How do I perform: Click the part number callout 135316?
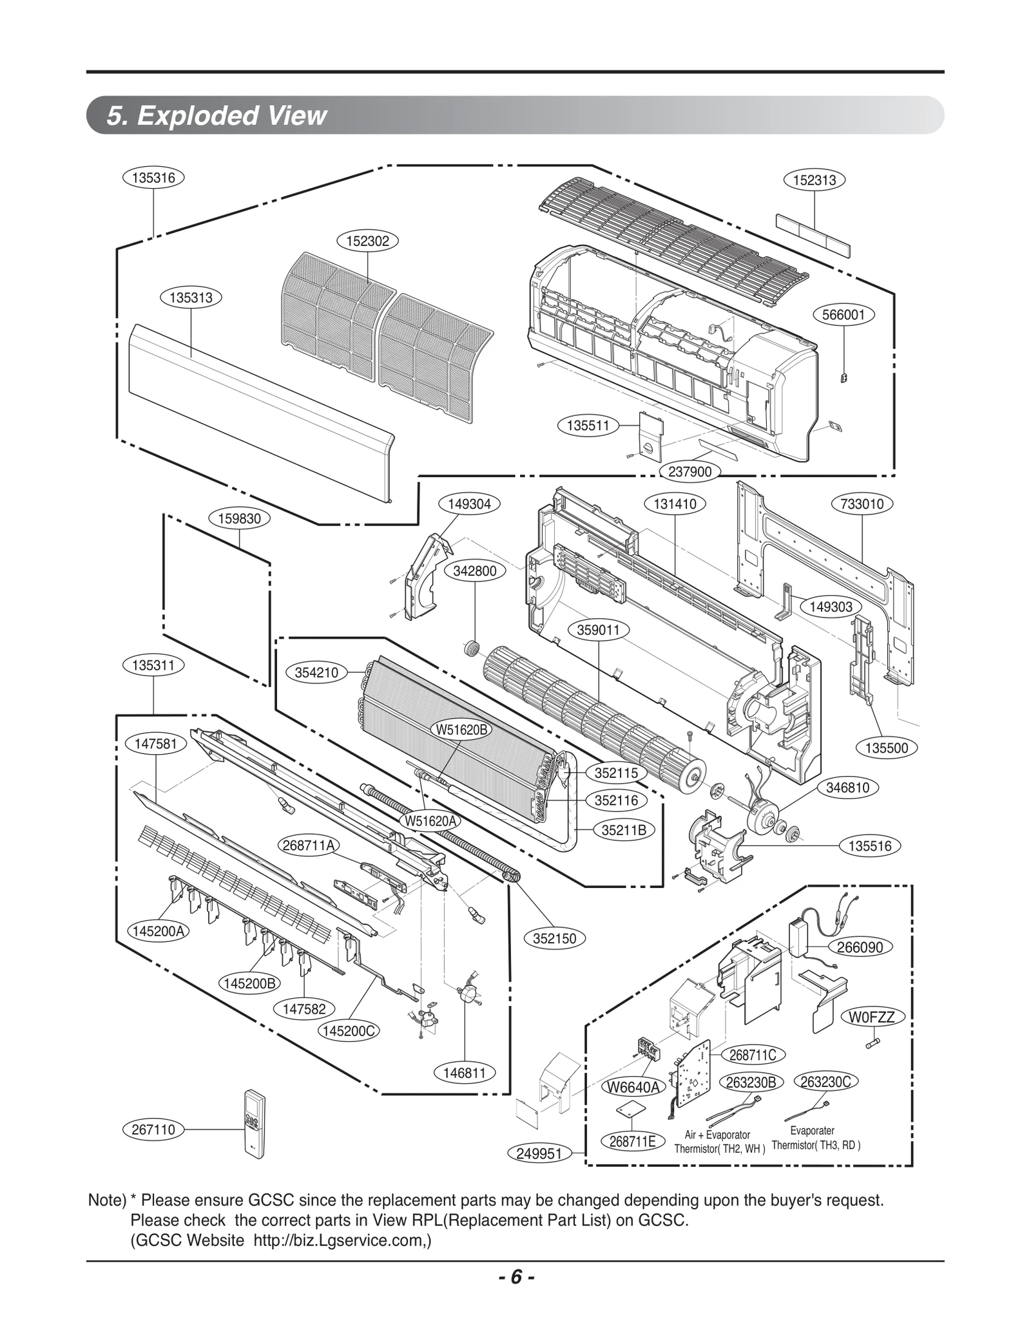153,178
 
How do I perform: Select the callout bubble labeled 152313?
814,180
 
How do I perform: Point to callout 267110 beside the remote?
153,1129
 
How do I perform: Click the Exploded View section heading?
217,116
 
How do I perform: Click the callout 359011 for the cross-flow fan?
598,630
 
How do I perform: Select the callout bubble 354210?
316,673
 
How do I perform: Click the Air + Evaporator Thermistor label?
719,1142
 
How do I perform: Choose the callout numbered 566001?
843,315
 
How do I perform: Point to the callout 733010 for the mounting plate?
862,504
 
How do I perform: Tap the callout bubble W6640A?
634,1088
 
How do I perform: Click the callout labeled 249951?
539,1154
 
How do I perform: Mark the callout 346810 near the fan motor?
847,788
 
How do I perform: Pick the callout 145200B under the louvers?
249,984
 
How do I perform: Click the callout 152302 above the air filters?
367,241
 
